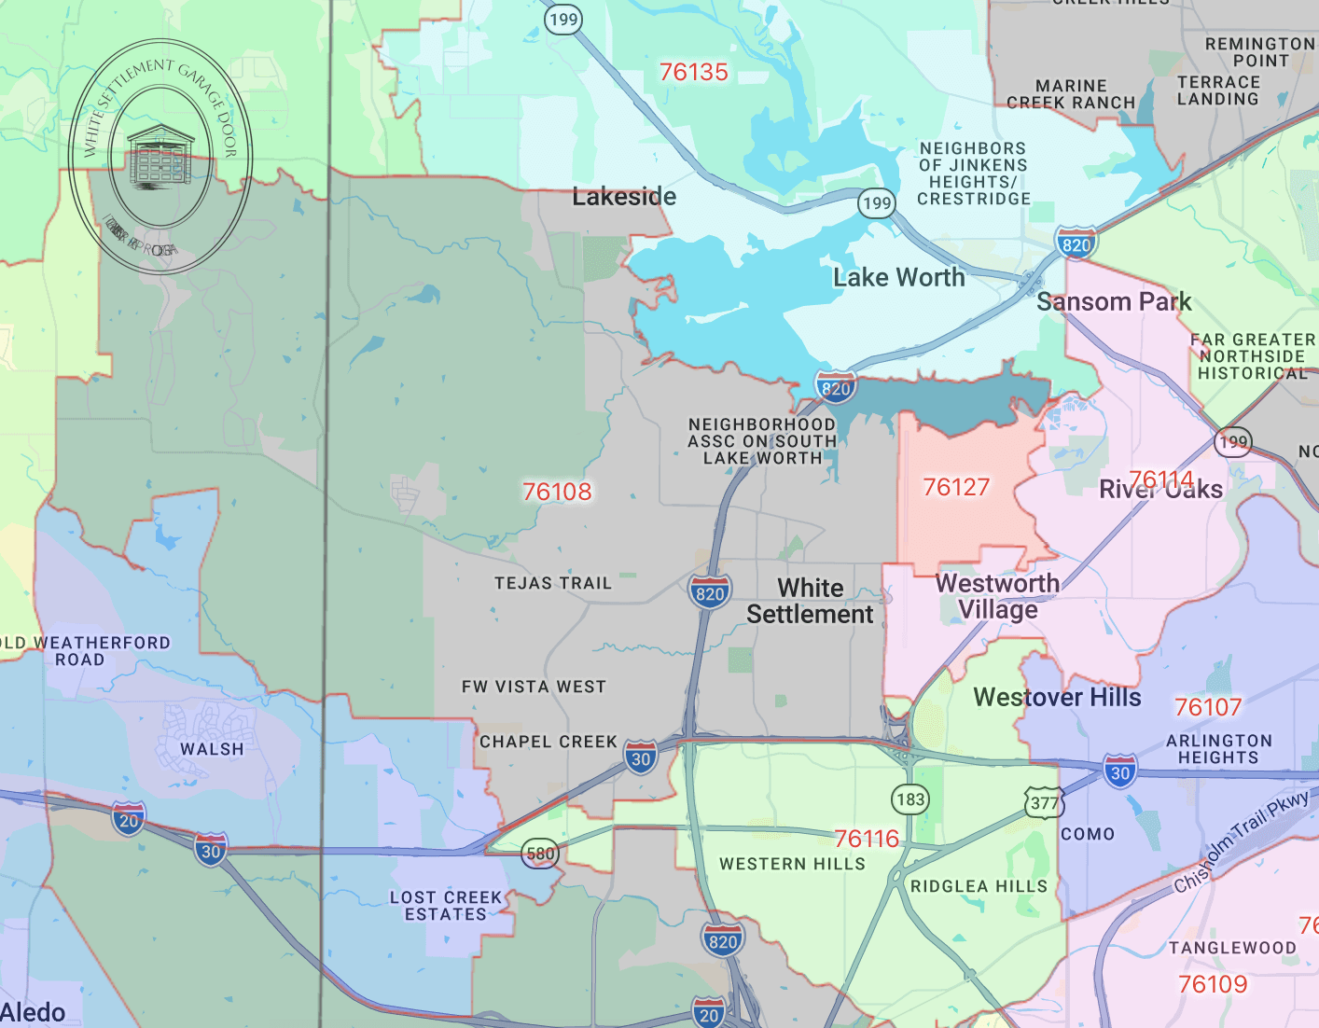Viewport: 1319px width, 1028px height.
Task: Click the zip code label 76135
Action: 693,72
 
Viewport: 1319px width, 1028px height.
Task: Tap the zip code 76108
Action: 557,492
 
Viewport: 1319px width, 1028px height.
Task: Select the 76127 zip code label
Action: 956,487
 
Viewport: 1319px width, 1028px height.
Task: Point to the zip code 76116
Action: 867,839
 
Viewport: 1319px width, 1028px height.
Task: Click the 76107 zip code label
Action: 1208,707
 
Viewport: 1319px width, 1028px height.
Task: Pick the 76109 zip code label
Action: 1213,984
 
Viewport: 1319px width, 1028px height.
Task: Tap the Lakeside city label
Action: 624,197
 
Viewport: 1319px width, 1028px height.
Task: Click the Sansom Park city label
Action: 1114,301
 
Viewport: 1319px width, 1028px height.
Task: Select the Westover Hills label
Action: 1057,697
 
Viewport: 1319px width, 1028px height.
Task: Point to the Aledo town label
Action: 34,1012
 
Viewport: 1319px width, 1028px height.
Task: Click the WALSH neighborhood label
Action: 212,749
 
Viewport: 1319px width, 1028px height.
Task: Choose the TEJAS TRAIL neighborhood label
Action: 553,583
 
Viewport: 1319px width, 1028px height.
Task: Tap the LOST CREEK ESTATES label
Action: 446,906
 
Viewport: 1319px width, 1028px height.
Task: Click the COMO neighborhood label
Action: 1088,834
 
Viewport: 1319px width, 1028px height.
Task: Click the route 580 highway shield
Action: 540,853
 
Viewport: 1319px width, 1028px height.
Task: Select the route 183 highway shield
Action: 909,799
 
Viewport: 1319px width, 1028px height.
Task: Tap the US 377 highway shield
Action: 1044,803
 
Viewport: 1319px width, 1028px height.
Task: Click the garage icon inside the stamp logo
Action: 160,157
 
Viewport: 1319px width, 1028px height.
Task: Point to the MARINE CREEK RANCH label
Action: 1071,94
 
